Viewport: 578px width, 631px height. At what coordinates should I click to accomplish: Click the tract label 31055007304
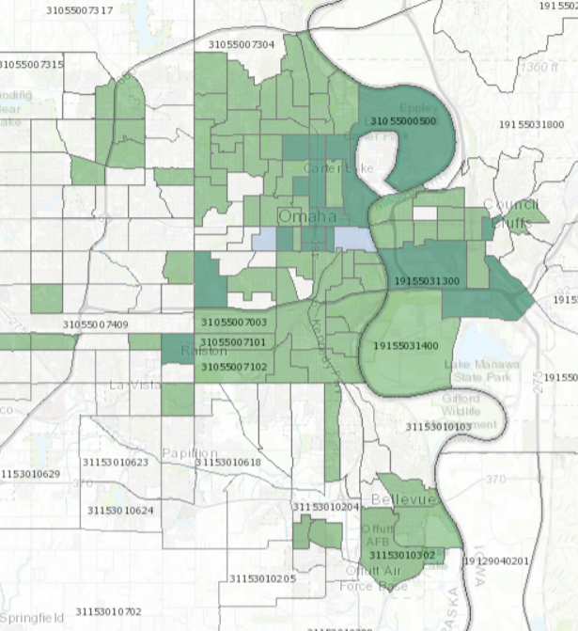[242, 44]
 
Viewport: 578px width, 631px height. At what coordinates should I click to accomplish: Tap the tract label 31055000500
[403, 121]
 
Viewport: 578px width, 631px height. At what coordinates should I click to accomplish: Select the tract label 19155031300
[428, 281]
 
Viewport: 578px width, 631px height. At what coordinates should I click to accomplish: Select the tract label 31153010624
[120, 511]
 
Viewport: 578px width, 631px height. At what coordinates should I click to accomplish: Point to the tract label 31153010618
[227, 463]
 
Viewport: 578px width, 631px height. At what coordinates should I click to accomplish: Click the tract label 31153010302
[402, 556]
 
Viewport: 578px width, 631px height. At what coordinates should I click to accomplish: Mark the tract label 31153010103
[438, 427]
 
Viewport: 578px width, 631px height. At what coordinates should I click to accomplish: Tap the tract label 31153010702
[108, 611]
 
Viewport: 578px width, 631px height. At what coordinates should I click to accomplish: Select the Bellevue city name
[403, 499]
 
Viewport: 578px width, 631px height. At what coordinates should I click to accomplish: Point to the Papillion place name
[190, 453]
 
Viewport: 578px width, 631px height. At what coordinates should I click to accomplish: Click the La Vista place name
[131, 386]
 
